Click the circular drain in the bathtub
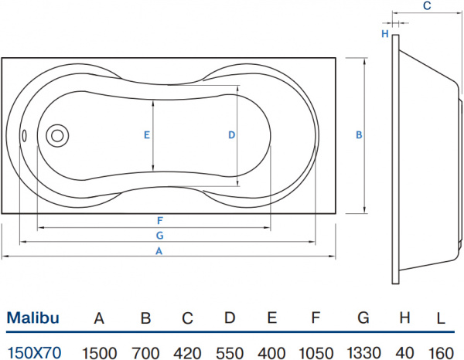coord(57,136)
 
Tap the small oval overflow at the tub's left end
coord(24,136)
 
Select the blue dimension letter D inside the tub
coord(230,134)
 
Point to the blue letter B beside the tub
coord(359,134)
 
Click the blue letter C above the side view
coord(427,6)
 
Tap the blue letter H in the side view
coord(384,33)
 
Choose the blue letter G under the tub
coord(159,235)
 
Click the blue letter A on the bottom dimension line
coord(159,251)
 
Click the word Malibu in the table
coord(33,317)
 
